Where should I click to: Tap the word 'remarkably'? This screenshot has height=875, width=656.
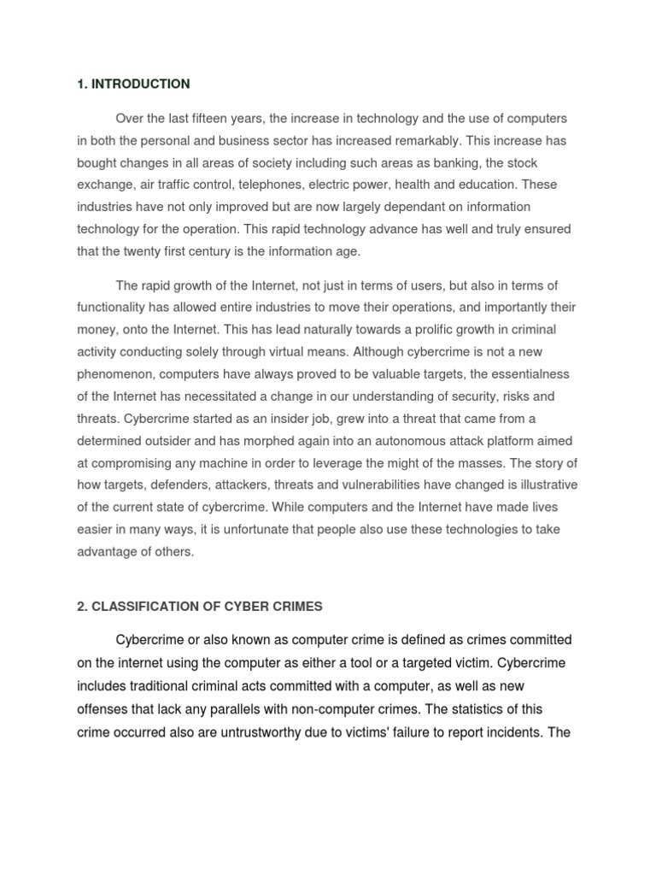[x=405, y=140]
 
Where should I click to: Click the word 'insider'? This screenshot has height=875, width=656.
[x=328, y=418]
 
